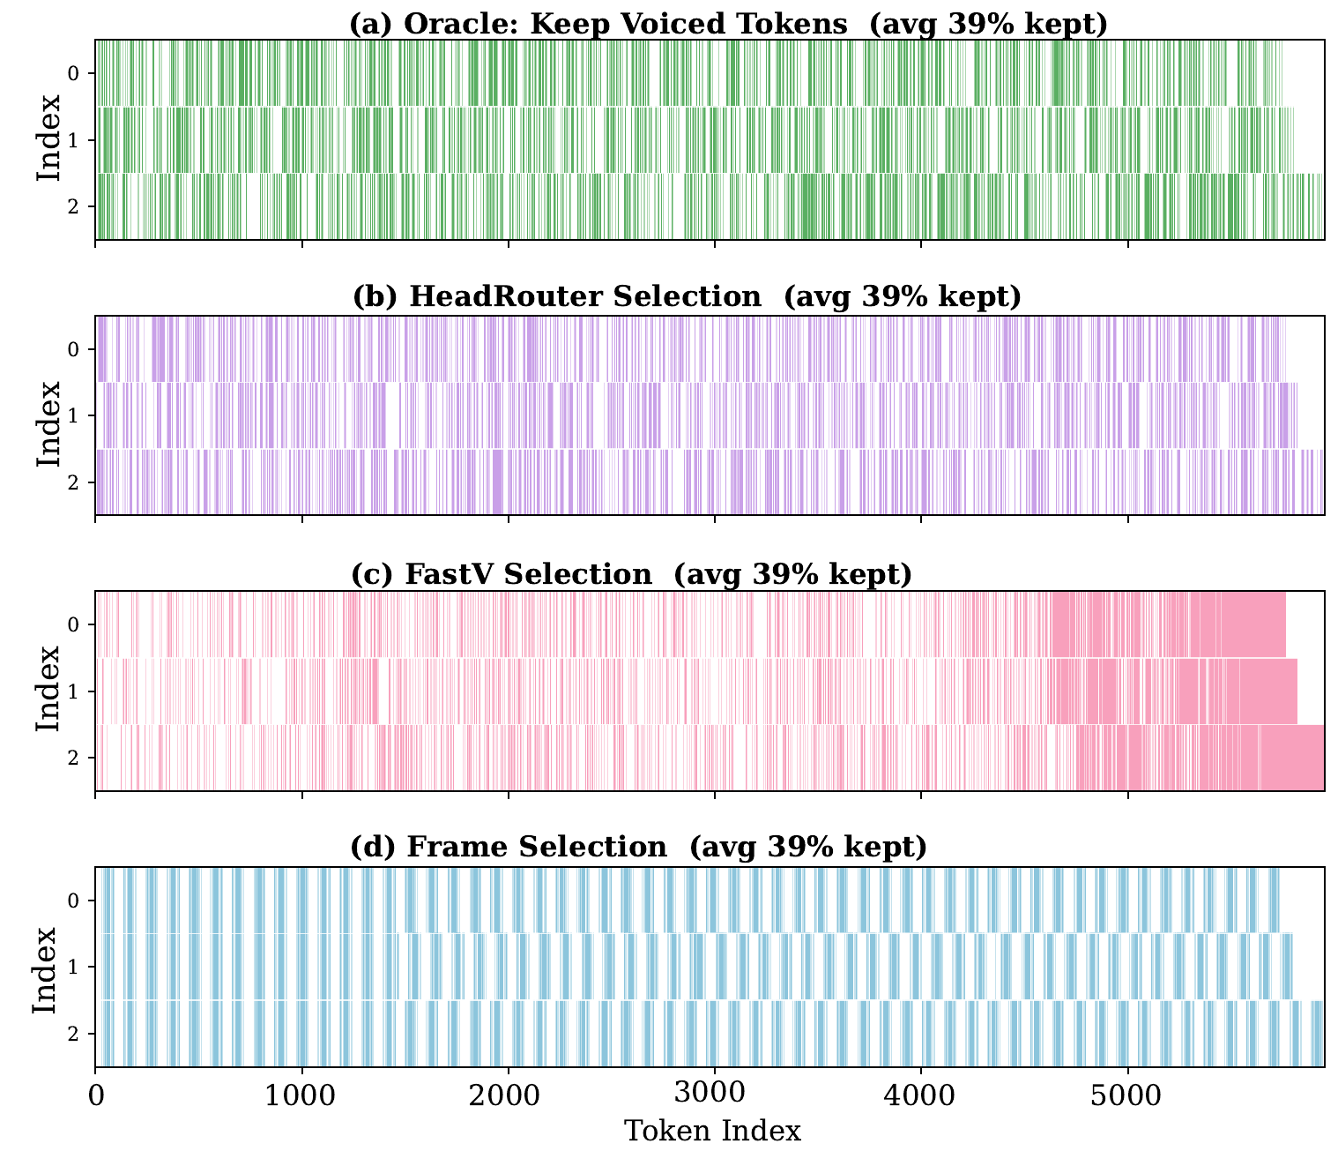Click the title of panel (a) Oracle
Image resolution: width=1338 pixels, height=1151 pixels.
tap(728, 24)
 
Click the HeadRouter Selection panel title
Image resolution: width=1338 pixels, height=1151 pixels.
tap(687, 297)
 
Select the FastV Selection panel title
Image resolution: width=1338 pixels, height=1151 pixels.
tap(631, 574)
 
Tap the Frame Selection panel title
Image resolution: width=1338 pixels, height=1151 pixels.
tap(639, 848)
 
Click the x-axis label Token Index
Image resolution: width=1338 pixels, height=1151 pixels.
tap(712, 1131)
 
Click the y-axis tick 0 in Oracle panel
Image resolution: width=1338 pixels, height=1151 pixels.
tap(74, 73)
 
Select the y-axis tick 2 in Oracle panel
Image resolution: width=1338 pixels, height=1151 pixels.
tap(74, 206)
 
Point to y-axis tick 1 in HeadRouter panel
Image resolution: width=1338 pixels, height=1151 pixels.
tap(74, 416)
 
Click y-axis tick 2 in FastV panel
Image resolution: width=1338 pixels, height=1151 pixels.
tap(74, 759)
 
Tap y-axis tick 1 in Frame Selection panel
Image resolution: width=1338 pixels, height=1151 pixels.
tap(74, 968)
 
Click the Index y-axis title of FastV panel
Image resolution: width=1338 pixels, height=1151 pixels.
tap(48, 691)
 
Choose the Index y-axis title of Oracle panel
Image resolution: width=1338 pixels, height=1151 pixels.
tap(48, 139)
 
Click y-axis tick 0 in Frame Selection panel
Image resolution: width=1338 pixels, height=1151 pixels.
tap(74, 901)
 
